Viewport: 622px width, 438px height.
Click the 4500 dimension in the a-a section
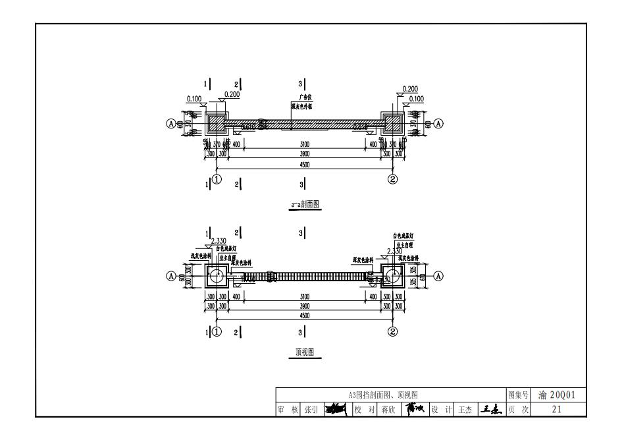[x=305, y=165]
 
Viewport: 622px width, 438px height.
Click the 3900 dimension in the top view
[x=305, y=307]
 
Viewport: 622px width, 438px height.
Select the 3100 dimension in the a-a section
[x=305, y=144]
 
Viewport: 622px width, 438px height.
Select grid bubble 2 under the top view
[x=392, y=331]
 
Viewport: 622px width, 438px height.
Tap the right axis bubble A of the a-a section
[x=438, y=123]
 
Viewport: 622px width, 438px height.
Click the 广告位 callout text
[x=305, y=97]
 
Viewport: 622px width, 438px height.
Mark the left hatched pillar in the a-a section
[x=217, y=123]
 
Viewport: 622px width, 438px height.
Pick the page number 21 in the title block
[x=556, y=410]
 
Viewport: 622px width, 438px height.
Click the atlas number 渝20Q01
[x=556, y=395]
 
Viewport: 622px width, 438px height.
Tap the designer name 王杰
[x=465, y=410]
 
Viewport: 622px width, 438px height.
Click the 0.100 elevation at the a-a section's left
[x=194, y=99]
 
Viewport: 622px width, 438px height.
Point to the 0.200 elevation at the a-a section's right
[x=410, y=89]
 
